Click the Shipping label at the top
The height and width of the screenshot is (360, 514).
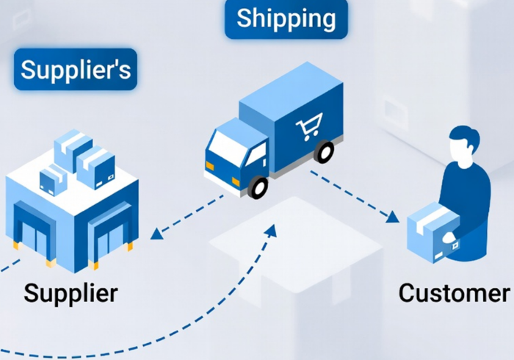point(286,19)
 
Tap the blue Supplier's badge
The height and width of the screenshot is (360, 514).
point(76,69)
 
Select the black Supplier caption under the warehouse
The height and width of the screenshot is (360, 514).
point(70,293)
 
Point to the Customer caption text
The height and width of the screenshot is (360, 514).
point(454,293)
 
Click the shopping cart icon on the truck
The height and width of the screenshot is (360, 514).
point(309,126)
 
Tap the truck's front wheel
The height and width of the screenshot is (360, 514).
point(258,187)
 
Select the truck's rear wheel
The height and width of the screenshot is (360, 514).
point(324,151)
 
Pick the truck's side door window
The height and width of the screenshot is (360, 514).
point(257,154)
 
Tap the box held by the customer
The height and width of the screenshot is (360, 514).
point(433,232)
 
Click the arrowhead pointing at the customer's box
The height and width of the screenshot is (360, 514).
point(392,217)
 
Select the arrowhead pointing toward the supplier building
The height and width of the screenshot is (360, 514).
point(156,234)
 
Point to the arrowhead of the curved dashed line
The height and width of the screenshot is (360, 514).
point(271,230)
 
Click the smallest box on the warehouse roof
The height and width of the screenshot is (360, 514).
point(52,181)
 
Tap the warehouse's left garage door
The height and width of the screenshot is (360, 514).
point(35,234)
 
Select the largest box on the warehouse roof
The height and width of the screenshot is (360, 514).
point(95,168)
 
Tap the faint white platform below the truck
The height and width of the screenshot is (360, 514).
point(296,244)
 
